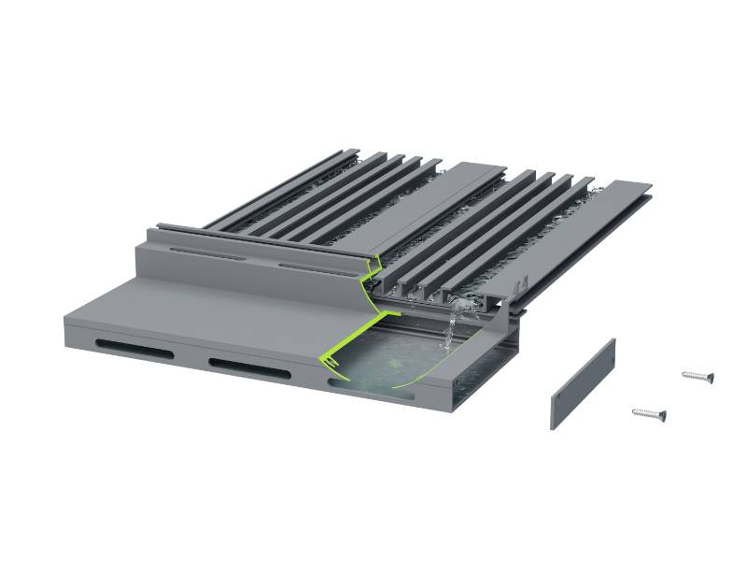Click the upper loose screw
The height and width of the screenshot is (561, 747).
coord(698,376)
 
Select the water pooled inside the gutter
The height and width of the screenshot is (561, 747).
coord(392,360)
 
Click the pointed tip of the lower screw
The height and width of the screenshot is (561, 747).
coord(634,410)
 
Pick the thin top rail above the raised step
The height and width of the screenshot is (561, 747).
coord(261,234)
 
